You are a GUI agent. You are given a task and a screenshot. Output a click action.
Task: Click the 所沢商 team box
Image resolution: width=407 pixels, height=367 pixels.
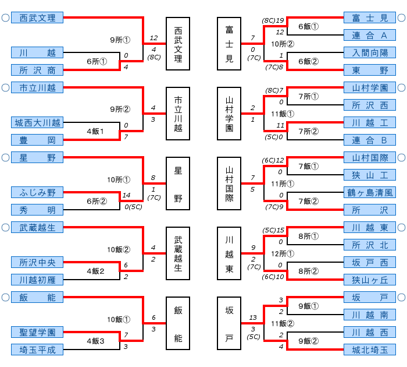37,70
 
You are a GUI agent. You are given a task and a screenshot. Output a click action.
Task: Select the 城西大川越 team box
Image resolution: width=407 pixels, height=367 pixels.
37,122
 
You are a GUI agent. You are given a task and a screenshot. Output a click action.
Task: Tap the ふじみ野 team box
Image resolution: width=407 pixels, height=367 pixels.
37,192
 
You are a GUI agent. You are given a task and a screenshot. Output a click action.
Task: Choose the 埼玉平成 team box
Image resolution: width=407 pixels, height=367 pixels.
37,350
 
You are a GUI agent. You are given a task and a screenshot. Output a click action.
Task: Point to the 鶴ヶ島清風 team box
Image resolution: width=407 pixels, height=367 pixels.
370,192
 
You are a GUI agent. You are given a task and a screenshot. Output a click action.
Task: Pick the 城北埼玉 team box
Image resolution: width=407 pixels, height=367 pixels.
370,350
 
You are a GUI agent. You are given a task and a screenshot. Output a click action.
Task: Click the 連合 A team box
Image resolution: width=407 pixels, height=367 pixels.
370,35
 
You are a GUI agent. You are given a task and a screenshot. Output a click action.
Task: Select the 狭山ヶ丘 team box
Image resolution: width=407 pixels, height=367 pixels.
370,280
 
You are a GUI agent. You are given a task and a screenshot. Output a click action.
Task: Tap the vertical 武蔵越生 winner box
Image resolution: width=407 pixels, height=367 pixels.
178,253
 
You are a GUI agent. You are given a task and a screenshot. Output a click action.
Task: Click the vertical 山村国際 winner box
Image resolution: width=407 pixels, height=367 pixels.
230,183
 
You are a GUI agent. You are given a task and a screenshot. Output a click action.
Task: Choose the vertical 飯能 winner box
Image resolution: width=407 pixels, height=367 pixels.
178,323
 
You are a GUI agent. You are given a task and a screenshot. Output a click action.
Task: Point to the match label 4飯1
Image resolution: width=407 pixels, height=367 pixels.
95,131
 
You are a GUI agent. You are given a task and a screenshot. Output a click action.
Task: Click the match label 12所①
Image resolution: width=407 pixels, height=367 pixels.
283,253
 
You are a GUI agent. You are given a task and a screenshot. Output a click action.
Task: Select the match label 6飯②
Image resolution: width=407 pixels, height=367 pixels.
308,61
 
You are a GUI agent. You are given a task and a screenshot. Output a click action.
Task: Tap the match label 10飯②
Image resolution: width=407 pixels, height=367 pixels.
119,249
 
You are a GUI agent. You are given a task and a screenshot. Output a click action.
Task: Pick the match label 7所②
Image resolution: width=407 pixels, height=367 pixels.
308,131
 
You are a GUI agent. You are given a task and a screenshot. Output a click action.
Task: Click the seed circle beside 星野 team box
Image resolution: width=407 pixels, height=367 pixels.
5,157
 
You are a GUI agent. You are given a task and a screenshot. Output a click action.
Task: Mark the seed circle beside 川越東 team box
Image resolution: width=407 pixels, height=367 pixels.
401,227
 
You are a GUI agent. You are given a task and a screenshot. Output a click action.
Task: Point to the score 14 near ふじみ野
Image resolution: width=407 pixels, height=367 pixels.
126,196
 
